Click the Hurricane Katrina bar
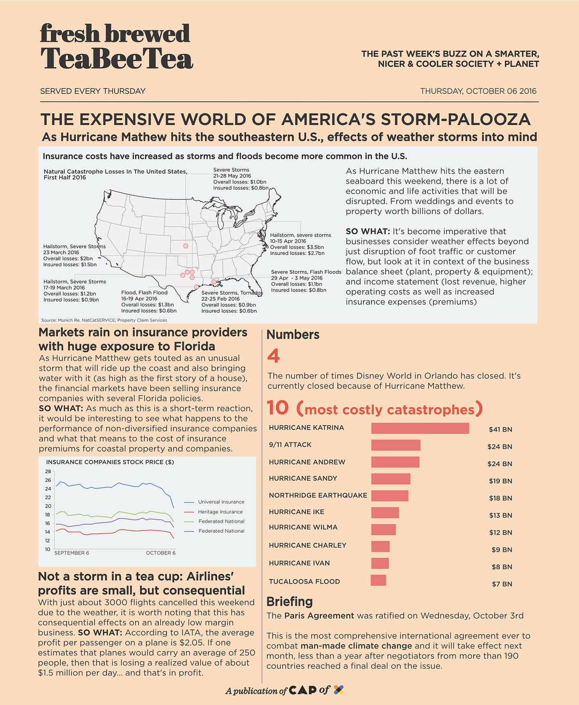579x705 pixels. [x=420, y=428]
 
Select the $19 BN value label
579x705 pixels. [x=500, y=481]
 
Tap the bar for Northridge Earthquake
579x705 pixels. [x=390, y=496]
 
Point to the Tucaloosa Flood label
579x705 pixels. [x=304, y=581]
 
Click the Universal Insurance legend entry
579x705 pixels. [x=221, y=502]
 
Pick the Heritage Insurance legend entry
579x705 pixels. [x=220, y=511]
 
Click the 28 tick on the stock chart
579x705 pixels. [x=48, y=471]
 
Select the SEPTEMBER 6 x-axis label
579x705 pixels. [x=71, y=553]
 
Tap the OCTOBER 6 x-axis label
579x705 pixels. [x=161, y=553]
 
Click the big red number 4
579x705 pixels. [x=274, y=356]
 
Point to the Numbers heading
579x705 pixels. [x=293, y=334]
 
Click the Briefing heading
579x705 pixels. [x=289, y=602]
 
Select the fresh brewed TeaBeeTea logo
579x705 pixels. [x=116, y=47]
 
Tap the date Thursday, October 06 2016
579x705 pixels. [x=478, y=91]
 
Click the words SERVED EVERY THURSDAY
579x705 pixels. [x=93, y=91]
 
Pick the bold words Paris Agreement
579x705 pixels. [x=319, y=616]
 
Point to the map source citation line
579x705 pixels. [x=104, y=320]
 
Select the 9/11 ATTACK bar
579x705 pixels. [x=396, y=445]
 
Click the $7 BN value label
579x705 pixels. [x=502, y=584]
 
